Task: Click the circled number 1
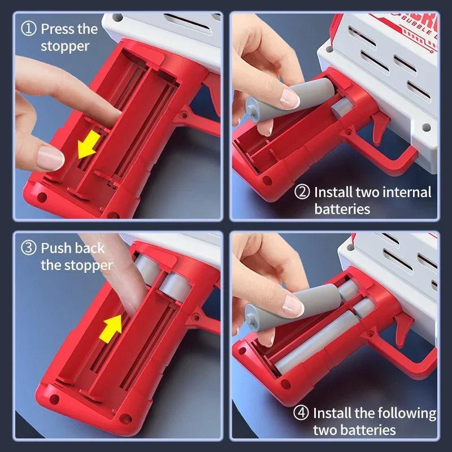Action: pyautogui.click(x=29, y=29)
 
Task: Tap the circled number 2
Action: pyautogui.click(x=302, y=192)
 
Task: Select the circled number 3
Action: pyautogui.click(x=29, y=248)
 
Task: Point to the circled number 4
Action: pyautogui.click(x=301, y=413)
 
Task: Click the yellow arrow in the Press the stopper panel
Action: pyautogui.click(x=89, y=145)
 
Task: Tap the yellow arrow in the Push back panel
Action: pyautogui.click(x=111, y=329)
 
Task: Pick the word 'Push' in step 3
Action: pyautogui.click(x=56, y=248)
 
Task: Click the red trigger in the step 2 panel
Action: pyautogui.click(x=379, y=127)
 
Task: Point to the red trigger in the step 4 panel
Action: pyautogui.click(x=403, y=329)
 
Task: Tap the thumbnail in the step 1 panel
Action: pyautogui.click(x=50, y=158)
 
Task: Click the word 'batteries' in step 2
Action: pyautogui.click(x=342, y=208)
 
